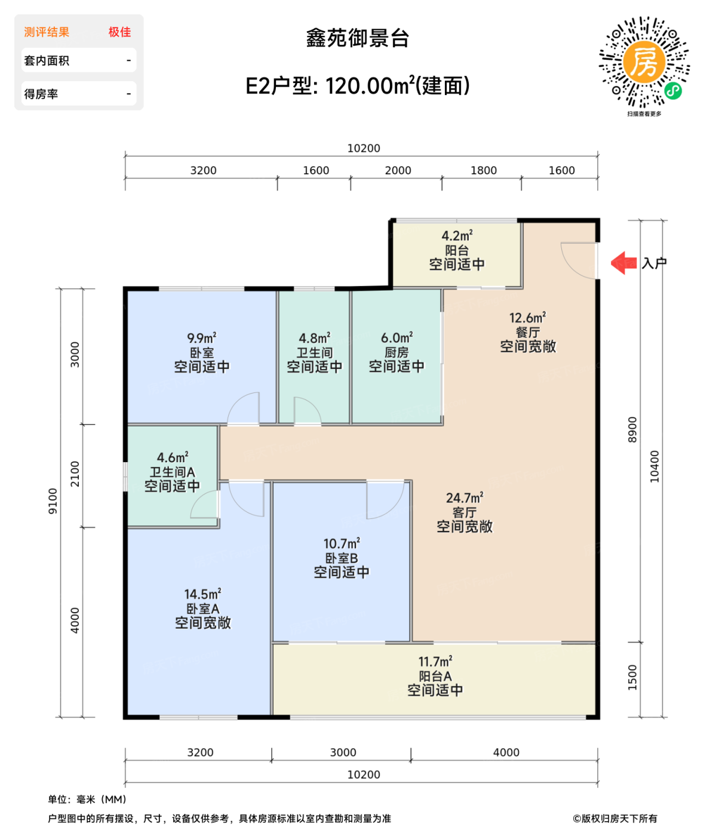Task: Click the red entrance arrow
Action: pos(624,263)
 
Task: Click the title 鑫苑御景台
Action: pos(357,38)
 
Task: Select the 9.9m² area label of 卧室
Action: pos(202,338)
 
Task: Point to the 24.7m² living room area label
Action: pos(464,497)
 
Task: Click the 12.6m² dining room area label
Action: pos(527,318)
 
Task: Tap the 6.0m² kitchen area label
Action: pos(397,338)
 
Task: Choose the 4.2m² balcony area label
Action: pos(457,236)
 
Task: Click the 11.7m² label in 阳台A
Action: pos(435,662)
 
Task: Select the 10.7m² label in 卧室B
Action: pos(342,543)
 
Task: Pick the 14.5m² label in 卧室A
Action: pos(202,594)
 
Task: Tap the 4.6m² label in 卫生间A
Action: pos(173,457)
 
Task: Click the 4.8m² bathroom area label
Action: pos(315,338)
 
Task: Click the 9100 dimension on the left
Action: pos(53,500)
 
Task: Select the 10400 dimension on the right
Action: pos(654,466)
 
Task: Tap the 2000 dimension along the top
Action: pos(398,170)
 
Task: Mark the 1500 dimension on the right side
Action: pos(632,677)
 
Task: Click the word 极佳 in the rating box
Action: pos(119,32)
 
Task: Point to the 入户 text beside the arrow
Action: pos(654,263)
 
